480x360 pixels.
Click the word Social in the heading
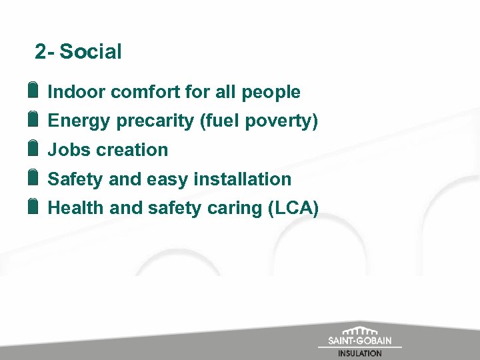click(x=91, y=51)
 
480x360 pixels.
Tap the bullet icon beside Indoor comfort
click(x=33, y=91)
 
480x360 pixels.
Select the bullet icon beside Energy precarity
click(x=33, y=120)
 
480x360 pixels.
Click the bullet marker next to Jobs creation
click(x=33, y=149)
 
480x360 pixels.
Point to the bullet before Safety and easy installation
click(x=33, y=178)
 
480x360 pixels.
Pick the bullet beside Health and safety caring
click(x=33, y=207)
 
